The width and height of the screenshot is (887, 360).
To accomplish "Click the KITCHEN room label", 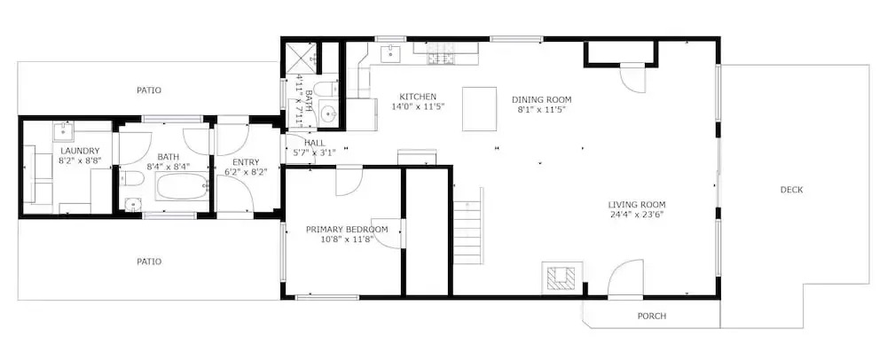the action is pos(418,97).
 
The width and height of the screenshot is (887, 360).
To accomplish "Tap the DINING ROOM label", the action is pos(541,99).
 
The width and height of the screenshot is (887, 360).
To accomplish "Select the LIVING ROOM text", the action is pos(636,205).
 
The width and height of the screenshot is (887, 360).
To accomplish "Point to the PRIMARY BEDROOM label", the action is pos(347,230).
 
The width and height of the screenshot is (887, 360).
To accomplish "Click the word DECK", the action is pos(791,190).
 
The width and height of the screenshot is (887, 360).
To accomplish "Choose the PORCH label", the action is pos(652,316).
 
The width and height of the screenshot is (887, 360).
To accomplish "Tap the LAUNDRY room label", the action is pos(80,151).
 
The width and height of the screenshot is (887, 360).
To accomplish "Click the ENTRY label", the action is pos(246,162).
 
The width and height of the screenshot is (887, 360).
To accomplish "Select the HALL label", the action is pos(315,143).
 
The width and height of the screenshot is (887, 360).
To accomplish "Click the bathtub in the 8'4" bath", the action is pos(182,186).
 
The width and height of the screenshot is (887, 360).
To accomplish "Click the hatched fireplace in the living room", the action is pos(561,278).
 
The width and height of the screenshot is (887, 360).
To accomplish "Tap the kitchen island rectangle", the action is pos(480,109).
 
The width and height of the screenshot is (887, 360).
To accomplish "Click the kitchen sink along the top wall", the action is pos(390,54).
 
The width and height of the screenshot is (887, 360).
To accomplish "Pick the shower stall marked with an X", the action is pos(301,59).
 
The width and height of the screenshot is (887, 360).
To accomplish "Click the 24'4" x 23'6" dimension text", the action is pos(636,215).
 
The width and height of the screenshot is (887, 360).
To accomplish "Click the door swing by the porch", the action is pos(626,278).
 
